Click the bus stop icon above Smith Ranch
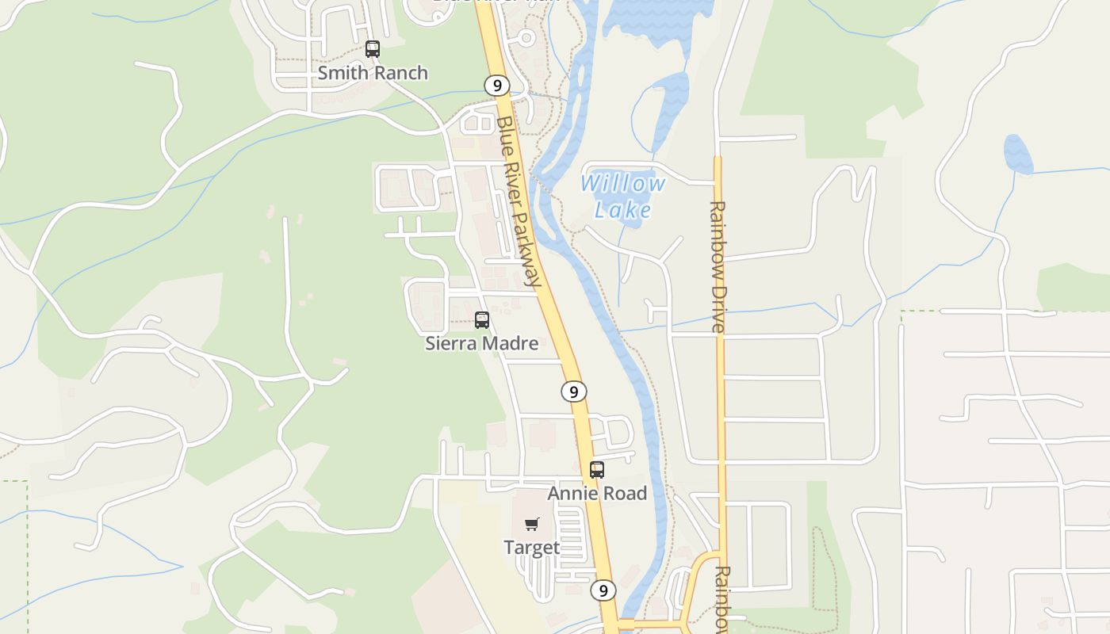tap(372, 49)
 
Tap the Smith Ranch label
tap(373, 73)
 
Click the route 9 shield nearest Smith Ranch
tap(496, 85)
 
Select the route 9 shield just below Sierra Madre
tap(574, 391)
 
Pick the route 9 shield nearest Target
tap(603, 590)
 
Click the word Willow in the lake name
tap(622, 184)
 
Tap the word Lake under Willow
tap(622, 210)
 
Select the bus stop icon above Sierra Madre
tap(481, 320)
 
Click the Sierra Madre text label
tap(481, 343)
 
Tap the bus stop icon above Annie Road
tap(597, 470)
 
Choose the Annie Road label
tap(597, 493)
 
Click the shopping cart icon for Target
tap(532, 524)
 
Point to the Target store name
tap(532, 548)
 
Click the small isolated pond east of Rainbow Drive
tap(1018, 155)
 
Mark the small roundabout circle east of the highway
tap(526, 37)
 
